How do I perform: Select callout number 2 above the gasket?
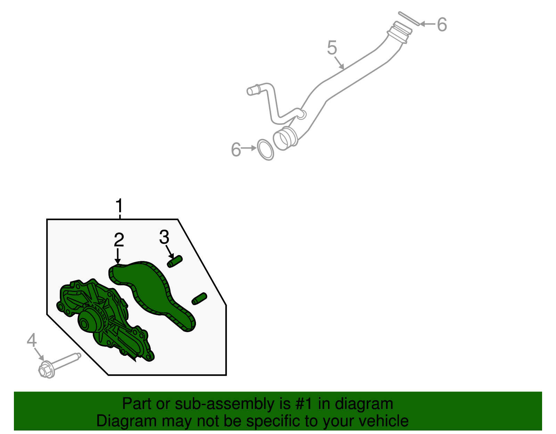[x=119, y=240]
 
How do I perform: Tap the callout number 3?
[x=164, y=237]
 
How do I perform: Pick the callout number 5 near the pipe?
[x=332, y=48]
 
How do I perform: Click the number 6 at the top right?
[x=441, y=25]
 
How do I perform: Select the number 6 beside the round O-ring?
[x=236, y=150]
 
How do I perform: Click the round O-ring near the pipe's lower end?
[x=265, y=150]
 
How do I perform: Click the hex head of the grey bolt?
[x=46, y=370]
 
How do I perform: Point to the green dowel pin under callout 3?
[x=175, y=261]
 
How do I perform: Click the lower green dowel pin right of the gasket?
[x=199, y=299]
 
